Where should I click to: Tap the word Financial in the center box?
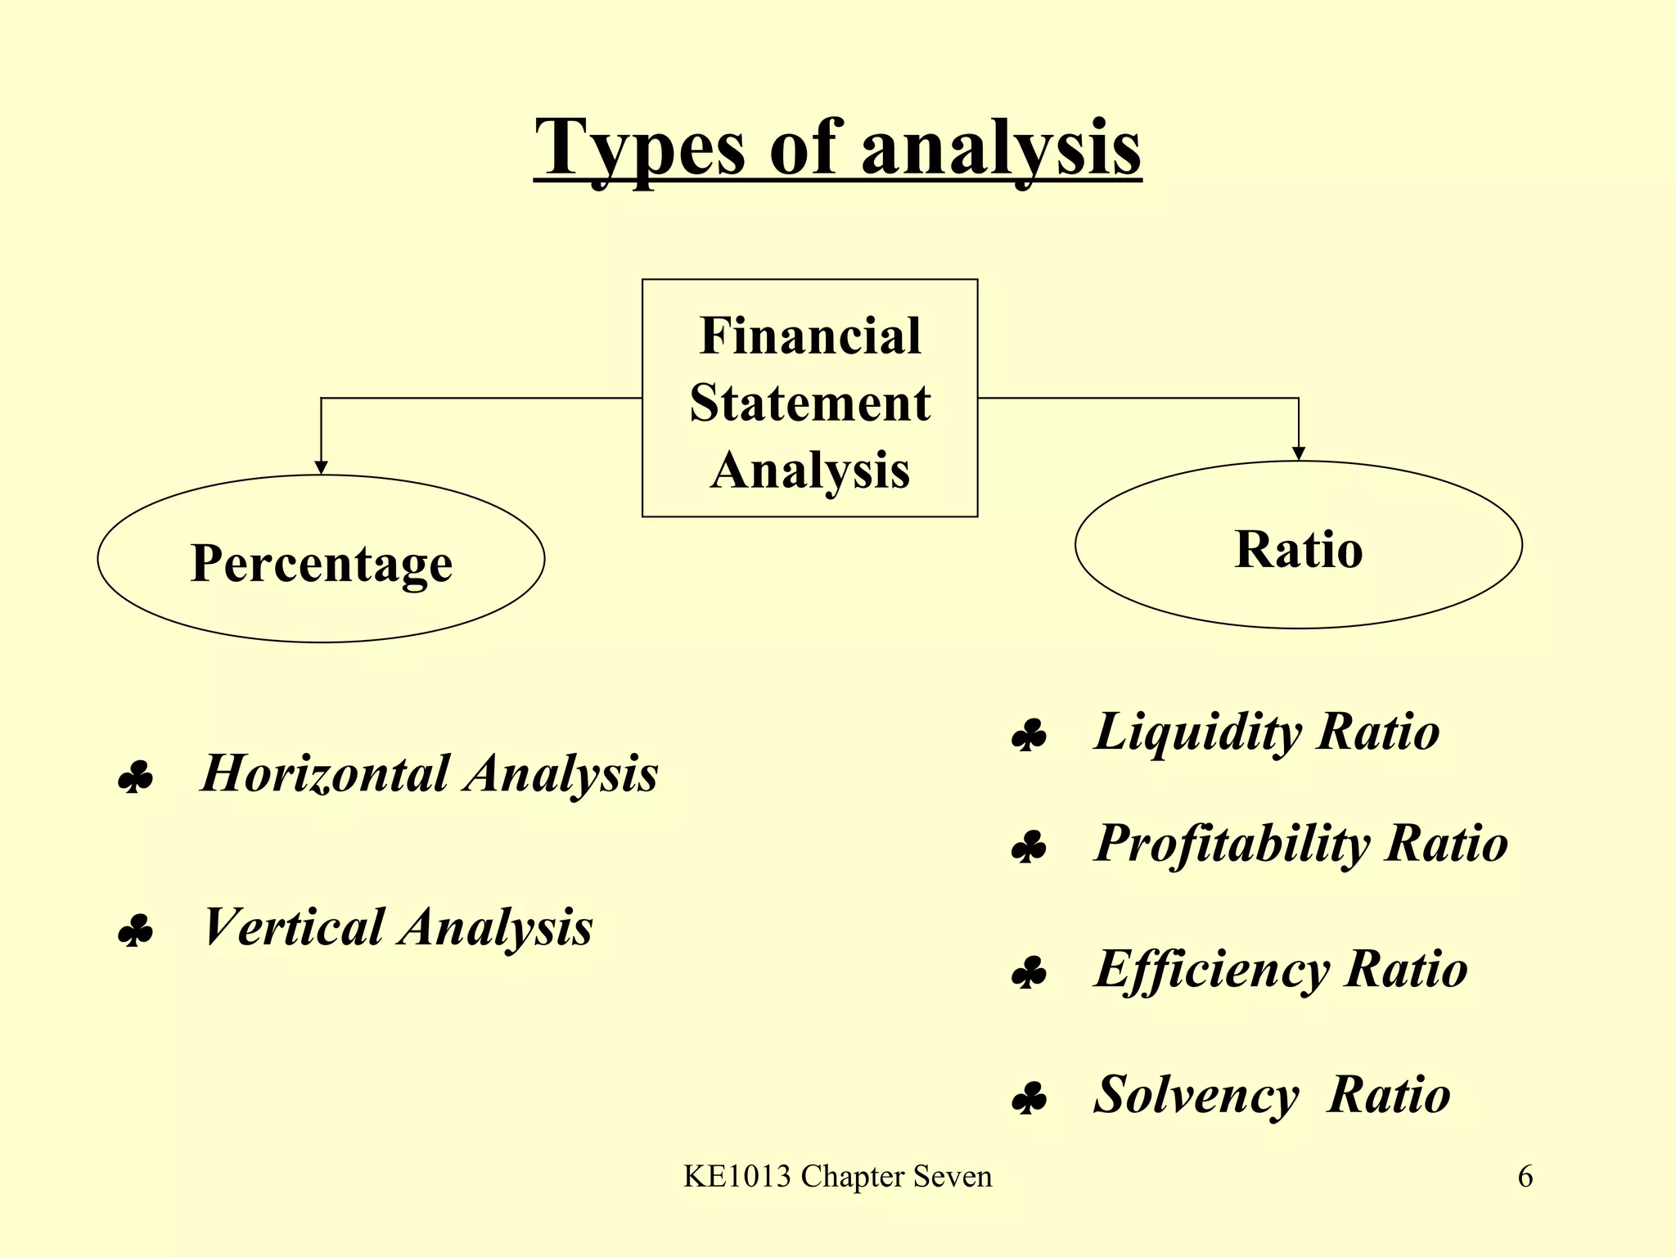[810, 336]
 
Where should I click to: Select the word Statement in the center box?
[810, 403]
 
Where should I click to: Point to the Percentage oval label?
[321, 563]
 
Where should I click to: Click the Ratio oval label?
[1299, 548]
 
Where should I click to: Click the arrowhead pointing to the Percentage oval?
[322, 467]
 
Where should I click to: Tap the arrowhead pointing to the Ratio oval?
[1299, 453]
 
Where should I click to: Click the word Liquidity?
[1197, 731]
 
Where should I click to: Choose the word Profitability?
[1232, 843]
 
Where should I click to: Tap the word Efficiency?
[1212, 970]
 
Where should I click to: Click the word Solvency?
[1196, 1094]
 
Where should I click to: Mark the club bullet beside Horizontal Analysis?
[135, 778]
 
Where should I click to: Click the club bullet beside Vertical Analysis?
[135, 932]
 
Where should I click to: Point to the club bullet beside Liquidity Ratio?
[1029, 737]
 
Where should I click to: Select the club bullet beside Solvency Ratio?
[1029, 1100]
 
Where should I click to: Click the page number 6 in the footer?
[1525, 1177]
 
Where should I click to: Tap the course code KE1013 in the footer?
[737, 1177]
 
